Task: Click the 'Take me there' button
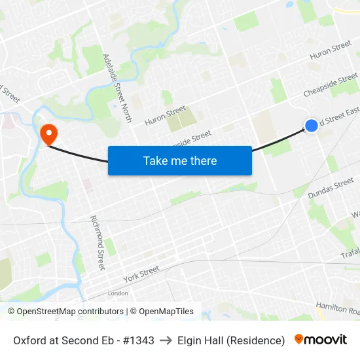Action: (x=180, y=160)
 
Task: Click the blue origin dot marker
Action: (x=312, y=125)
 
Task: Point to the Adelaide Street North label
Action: (x=118, y=88)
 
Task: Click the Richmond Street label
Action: (x=98, y=242)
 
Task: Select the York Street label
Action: (x=141, y=274)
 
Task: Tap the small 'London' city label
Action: (x=118, y=293)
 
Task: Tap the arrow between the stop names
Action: (x=166, y=340)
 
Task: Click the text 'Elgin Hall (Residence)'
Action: (x=232, y=340)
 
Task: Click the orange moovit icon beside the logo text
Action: (x=299, y=339)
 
